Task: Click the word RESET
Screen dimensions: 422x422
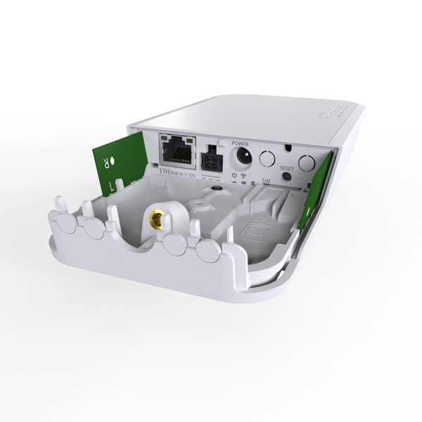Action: click(x=286, y=169)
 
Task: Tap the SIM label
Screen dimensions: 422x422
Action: click(x=266, y=181)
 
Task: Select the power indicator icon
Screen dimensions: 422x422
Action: click(x=232, y=174)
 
